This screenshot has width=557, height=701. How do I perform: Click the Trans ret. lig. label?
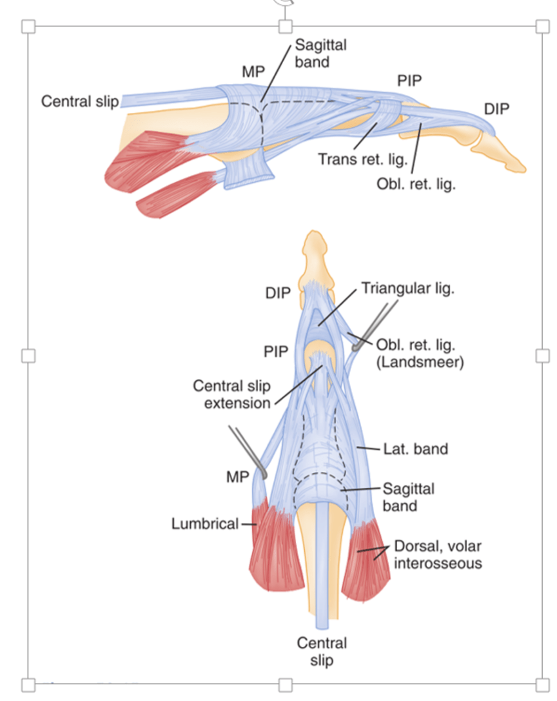(x=358, y=157)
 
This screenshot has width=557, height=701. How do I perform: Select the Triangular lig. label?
(x=408, y=288)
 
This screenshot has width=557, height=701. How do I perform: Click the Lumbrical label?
(x=205, y=523)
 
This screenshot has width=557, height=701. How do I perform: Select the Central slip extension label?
(x=231, y=394)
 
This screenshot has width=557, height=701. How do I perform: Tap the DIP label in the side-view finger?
(x=496, y=109)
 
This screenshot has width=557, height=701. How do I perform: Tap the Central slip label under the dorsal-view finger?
(x=321, y=651)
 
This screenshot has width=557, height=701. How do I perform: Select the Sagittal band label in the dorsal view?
(x=408, y=496)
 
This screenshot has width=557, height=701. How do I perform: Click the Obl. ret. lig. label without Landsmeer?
(x=416, y=184)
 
